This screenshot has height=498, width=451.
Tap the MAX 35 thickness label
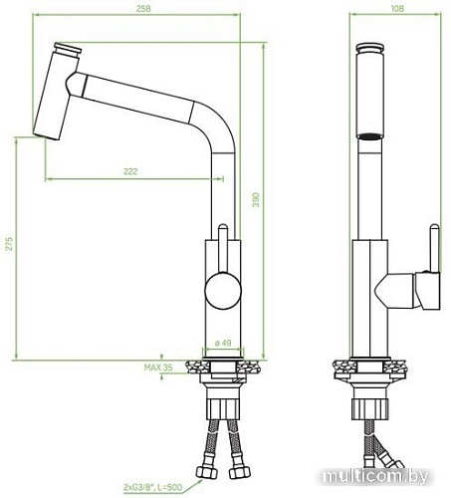click(160, 369)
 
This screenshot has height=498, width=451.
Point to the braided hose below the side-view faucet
click(371, 453)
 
